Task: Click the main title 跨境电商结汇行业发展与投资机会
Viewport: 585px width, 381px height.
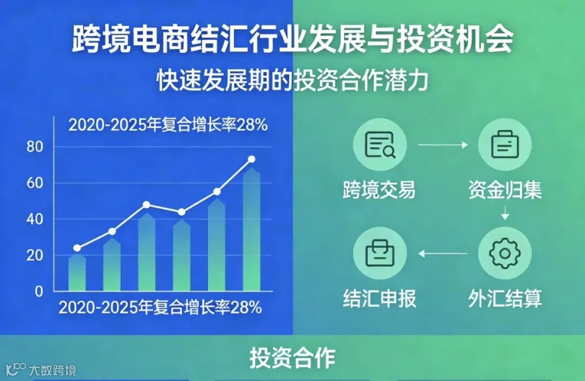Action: click(292, 39)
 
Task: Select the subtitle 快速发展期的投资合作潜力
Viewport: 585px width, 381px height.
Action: click(292, 80)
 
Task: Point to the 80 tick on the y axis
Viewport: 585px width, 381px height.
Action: click(34, 147)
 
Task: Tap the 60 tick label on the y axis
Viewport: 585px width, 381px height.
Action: click(34, 183)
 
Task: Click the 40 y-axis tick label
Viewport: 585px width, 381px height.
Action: click(34, 219)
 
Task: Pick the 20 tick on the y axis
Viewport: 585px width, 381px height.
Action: click(34, 256)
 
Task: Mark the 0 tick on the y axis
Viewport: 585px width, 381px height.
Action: click(39, 291)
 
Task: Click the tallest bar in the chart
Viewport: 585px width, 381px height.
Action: click(252, 230)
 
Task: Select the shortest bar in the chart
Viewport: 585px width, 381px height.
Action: click(77, 273)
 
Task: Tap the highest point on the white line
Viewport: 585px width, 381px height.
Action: click(252, 159)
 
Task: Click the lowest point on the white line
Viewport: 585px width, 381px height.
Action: click(77, 248)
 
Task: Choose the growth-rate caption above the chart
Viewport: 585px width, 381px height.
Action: click(168, 125)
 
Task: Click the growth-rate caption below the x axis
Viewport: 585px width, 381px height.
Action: click(161, 308)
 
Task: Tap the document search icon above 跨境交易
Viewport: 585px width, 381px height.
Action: click(380, 145)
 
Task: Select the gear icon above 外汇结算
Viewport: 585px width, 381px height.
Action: click(505, 254)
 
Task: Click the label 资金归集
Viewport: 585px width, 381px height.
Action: click(505, 190)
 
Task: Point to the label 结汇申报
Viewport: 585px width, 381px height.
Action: click(380, 298)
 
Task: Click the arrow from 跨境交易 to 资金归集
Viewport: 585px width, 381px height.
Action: click(443, 145)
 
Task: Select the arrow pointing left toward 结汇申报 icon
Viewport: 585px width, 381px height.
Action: click(443, 254)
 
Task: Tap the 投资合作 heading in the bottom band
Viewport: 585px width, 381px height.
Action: click(292, 358)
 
